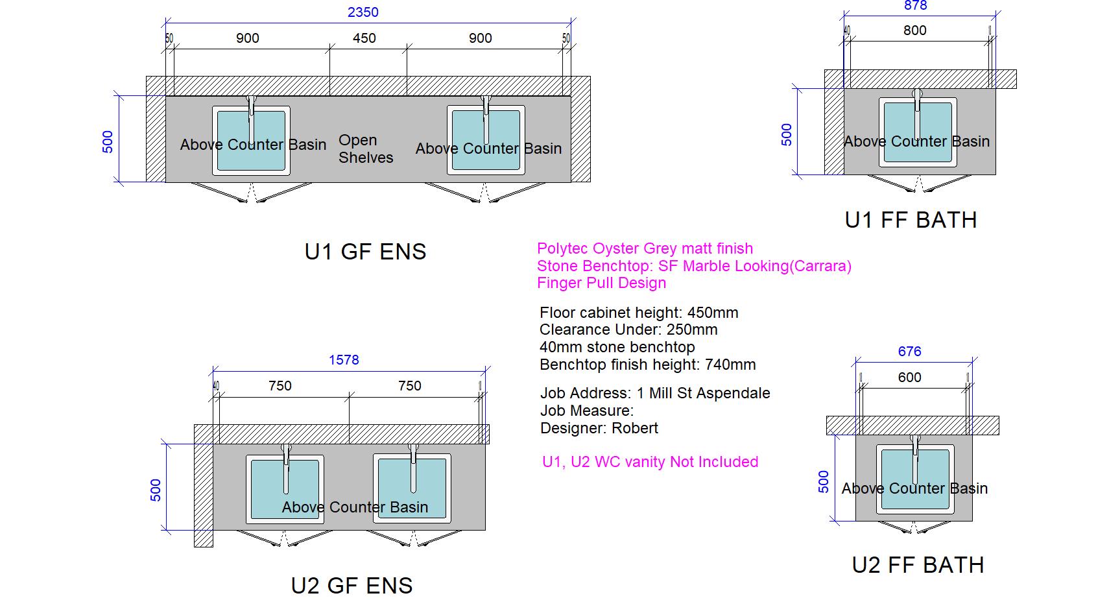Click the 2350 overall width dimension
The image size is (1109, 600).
click(363, 12)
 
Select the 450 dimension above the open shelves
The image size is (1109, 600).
click(364, 38)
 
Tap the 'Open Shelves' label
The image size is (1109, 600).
click(365, 149)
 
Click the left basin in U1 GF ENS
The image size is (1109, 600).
click(251, 141)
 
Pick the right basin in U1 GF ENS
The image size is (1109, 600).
click(486, 141)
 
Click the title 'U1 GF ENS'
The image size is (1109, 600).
click(365, 252)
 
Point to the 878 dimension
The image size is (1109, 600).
click(915, 6)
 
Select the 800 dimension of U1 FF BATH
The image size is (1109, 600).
click(914, 30)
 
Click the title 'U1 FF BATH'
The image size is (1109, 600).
click(911, 221)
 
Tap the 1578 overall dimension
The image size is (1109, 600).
click(344, 360)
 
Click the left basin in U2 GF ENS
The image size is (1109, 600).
click(285, 488)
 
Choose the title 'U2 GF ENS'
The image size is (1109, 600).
click(352, 586)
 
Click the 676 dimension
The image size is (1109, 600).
click(909, 352)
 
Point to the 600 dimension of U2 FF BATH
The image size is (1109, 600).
click(909, 378)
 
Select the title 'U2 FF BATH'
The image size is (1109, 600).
click(918, 565)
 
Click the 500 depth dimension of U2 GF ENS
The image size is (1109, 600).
click(156, 490)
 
